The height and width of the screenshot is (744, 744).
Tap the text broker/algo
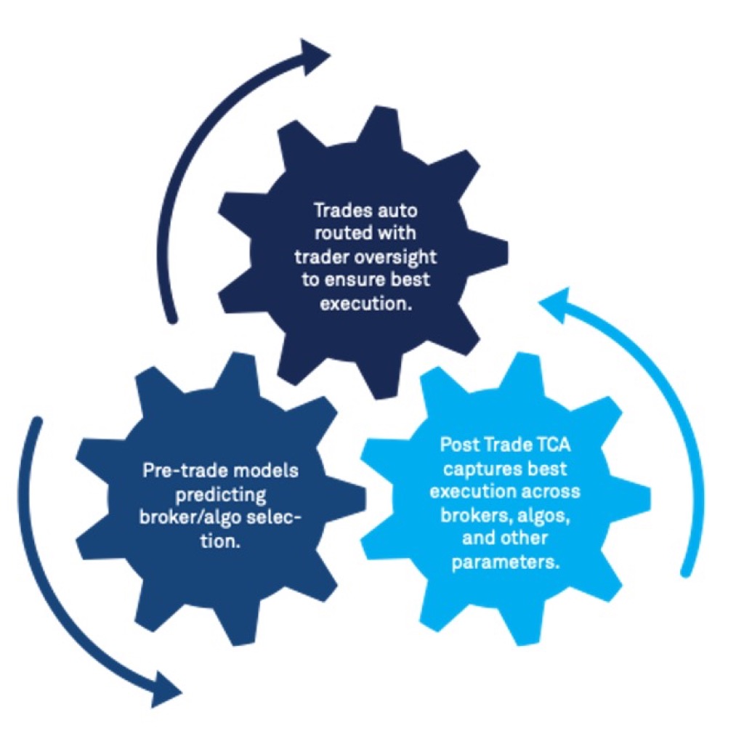point(193,517)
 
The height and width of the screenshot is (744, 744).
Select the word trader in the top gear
point(332,257)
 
